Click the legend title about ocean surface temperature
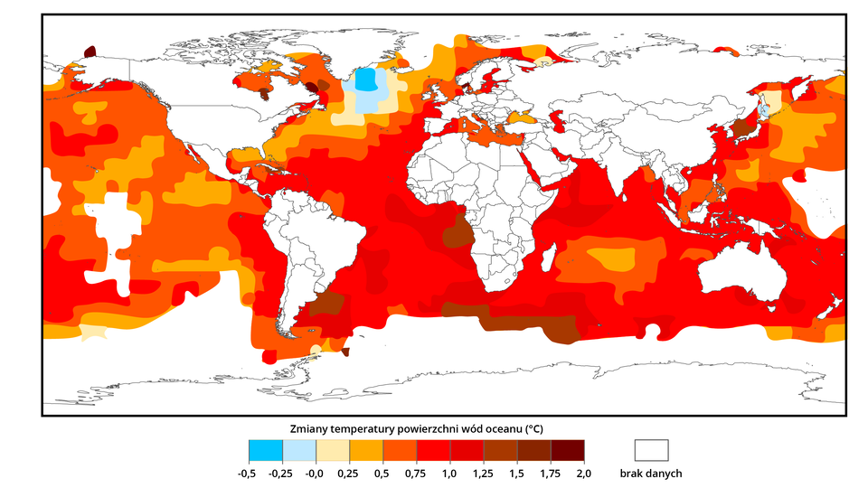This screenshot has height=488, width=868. click(416, 427)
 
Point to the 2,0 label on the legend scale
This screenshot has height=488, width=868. click(584, 473)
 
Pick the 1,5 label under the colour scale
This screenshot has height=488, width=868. click(517, 473)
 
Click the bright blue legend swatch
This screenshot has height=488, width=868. click(266, 450)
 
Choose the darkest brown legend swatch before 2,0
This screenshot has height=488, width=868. click(567, 450)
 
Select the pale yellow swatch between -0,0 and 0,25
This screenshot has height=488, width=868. click(333, 450)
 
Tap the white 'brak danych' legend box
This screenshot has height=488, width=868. click(651, 450)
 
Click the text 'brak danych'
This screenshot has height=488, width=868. click(651, 473)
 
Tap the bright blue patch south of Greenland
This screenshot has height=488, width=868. click(366, 80)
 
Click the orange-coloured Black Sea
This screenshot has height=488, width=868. click(524, 118)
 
